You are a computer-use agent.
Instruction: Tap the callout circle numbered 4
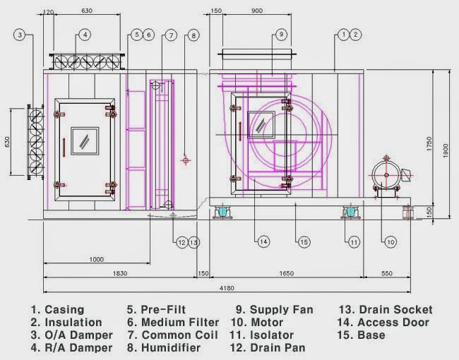tap(84, 34)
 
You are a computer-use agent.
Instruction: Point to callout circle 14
tap(263, 242)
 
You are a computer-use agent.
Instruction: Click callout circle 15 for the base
tap(304, 242)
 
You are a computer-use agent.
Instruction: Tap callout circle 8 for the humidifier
tap(194, 34)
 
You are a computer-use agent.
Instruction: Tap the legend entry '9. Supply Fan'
tap(274, 310)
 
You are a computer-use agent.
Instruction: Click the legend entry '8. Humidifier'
tap(163, 348)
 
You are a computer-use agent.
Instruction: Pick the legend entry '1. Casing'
tap(58, 310)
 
